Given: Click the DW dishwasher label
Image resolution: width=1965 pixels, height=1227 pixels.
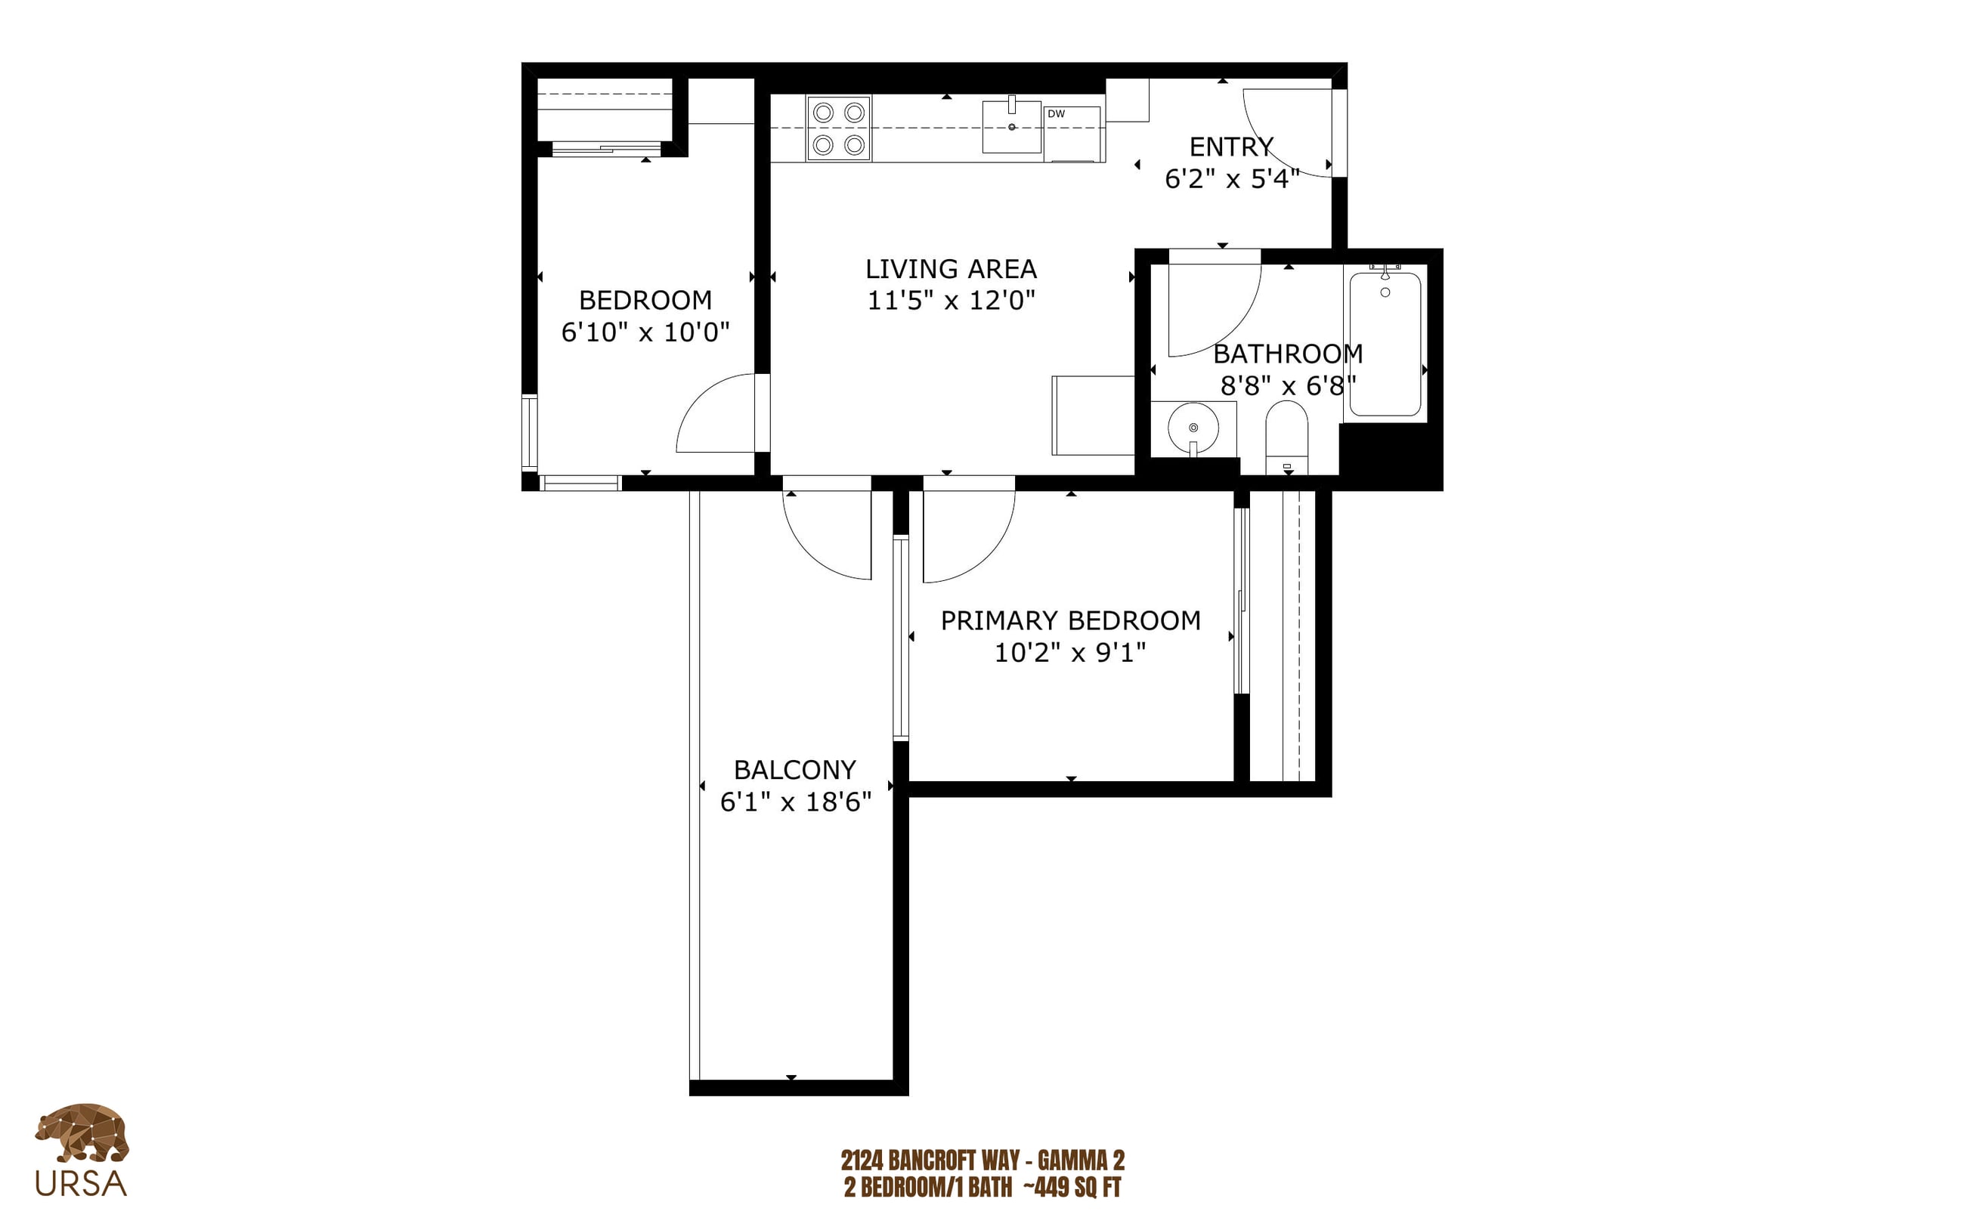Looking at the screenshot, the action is [1055, 113].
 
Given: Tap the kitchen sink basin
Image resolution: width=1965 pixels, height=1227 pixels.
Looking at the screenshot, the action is [1011, 127].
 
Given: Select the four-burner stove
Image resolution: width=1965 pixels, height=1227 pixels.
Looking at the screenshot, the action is [838, 128].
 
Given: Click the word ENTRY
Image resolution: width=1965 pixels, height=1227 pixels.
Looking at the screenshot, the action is [1231, 147].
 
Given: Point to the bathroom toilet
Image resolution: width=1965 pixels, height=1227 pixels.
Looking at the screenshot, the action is [1286, 438].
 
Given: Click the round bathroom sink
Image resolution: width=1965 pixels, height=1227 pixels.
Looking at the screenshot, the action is [1193, 428].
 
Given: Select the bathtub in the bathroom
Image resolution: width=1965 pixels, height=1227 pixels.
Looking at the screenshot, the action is [1385, 343].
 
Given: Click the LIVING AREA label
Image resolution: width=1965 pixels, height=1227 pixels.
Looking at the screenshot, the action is [952, 269].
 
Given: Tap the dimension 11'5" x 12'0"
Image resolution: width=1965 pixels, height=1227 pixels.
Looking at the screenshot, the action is [952, 300].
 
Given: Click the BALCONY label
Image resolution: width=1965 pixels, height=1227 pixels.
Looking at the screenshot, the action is [794, 769].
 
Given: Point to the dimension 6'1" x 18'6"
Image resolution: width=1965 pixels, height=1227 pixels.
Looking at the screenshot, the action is [795, 802].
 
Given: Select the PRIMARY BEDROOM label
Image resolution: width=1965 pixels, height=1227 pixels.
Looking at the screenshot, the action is [1071, 621].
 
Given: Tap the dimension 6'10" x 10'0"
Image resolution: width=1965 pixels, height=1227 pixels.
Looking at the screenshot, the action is [645, 332].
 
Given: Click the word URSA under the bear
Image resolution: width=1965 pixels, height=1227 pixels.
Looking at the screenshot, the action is [81, 1184].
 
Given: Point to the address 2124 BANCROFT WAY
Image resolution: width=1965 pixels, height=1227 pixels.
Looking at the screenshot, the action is [930, 1160].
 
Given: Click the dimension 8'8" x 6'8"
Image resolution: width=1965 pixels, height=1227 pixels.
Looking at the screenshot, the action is [1288, 385].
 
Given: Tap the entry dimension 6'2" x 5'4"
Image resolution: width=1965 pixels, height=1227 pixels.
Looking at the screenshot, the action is [1232, 179].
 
